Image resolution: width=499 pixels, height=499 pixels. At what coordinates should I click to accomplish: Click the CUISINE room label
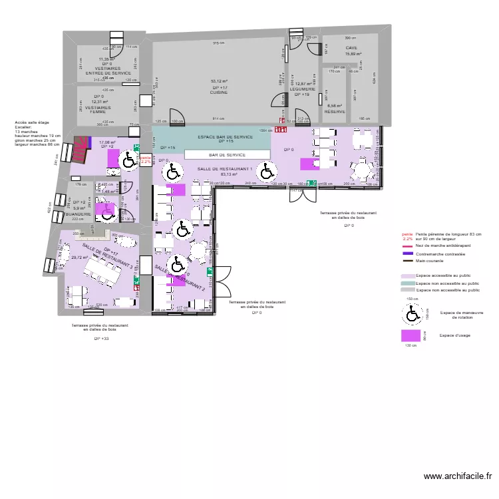(220, 92)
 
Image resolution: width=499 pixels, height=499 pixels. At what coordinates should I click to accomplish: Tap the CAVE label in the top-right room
(352, 48)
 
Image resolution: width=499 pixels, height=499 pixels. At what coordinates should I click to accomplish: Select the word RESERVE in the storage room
(334, 112)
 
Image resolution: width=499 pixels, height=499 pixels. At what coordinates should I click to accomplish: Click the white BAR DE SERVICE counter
(228, 154)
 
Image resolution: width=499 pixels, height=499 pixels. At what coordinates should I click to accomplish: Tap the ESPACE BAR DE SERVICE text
(225, 137)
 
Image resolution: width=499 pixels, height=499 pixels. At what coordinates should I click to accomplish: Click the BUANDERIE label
(78, 214)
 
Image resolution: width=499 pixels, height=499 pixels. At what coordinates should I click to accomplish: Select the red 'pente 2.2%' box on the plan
(146, 160)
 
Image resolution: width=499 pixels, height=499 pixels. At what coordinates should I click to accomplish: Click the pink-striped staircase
(82, 144)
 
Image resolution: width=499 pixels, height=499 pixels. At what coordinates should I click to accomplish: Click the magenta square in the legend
(411, 337)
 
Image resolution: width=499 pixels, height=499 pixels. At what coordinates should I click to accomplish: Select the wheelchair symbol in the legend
(412, 312)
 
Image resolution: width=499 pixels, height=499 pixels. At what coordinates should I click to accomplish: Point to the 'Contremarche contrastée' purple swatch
(407, 253)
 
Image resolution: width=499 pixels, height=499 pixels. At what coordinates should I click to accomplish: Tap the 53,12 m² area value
(220, 81)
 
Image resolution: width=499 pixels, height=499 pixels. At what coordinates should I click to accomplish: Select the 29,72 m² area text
(80, 257)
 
